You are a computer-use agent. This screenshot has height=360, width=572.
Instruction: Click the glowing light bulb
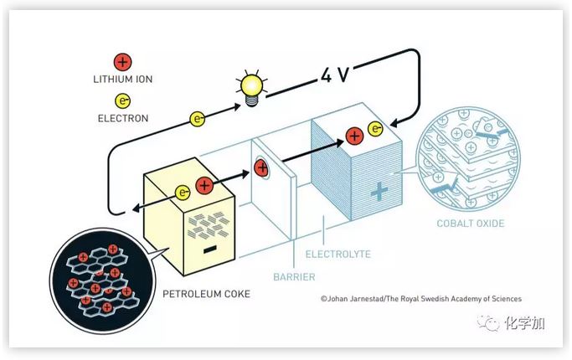(251, 88)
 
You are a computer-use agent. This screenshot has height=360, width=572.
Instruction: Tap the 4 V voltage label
(335, 75)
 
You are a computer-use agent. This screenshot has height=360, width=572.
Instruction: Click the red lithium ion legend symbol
(122, 62)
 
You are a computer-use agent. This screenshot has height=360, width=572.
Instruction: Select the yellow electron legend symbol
(123, 100)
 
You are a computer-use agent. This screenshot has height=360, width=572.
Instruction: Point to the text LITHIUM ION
(123, 80)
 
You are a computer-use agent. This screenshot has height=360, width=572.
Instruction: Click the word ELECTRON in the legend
(123, 118)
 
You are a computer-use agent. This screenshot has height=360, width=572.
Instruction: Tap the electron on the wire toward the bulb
(198, 119)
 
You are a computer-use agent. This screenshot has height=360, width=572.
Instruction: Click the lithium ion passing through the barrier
(261, 167)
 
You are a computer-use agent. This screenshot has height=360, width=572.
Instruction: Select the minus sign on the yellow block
(209, 249)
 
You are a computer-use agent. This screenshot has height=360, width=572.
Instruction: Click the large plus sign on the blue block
(379, 192)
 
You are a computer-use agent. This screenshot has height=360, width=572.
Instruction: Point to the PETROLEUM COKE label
(207, 294)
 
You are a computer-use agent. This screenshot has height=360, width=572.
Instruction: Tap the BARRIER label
(294, 277)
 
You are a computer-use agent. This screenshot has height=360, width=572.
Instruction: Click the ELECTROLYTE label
(338, 254)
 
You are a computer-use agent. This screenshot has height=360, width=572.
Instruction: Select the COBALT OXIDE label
(471, 224)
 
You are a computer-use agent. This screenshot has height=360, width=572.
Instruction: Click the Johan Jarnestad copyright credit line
(421, 299)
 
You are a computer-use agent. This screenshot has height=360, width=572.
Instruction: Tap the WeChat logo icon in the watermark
(488, 323)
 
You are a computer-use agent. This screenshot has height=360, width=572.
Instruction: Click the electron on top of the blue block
(375, 129)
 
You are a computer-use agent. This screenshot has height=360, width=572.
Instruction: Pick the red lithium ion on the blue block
(354, 136)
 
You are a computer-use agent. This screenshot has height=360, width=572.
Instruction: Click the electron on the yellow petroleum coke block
(183, 193)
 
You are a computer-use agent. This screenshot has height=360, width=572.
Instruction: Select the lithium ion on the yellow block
(204, 185)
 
